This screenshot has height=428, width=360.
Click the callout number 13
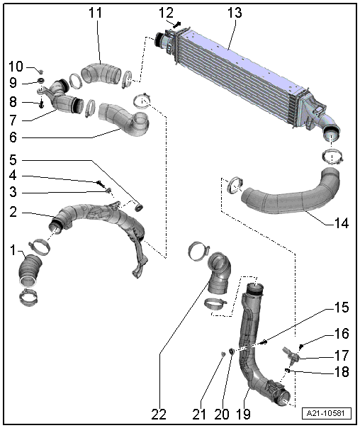tap(235, 13)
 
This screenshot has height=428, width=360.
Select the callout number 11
tap(95, 13)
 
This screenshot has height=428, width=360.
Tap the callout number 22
tap(159, 415)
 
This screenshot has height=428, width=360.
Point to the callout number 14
tap(341, 223)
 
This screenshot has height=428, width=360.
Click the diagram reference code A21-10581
tap(327, 413)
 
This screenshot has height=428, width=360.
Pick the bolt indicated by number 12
tap(177, 26)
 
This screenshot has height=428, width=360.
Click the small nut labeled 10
tap(40, 72)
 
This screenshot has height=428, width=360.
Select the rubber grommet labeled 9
tap(41, 81)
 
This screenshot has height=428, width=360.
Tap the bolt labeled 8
tap(41, 104)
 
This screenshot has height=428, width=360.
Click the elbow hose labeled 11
tap(101, 73)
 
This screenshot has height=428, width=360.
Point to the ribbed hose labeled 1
tap(30, 269)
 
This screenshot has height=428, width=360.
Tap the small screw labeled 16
tap(301, 347)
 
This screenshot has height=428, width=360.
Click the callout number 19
tap(243, 415)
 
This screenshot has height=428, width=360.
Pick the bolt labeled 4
tap(100, 184)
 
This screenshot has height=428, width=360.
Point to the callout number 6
tap(13, 137)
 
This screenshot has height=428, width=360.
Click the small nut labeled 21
tap(223, 354)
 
